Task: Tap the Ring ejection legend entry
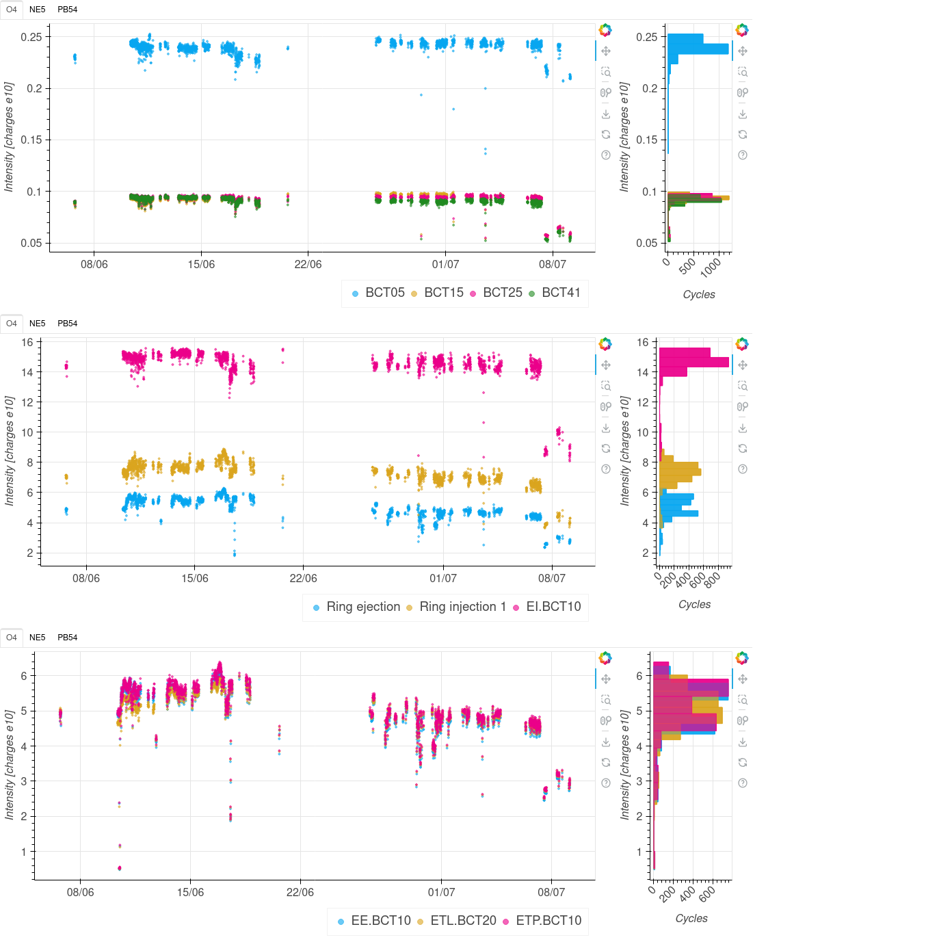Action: pyautogui.click(x=362, y=607)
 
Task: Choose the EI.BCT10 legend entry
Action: pyautogui.click(x=553, y=607)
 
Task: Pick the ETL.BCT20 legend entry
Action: pyautogui.click(x=463, y=921)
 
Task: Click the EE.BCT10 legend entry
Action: pyautogui.click(x=380, y=921)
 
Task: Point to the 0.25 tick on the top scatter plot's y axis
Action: pyautogui.click(x=31, y=37)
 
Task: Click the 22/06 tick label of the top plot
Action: pyautogui.click(x=308, y=265)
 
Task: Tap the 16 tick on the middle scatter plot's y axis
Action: pyautogui.click(x=27, y=342)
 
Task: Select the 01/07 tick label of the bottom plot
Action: pyautogui.click(x=441, y=893)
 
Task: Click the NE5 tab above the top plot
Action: pyautogui.click(x=38, y=10)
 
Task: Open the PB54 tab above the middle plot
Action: pyautogui.click(x=67, y=324)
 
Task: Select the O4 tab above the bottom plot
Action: pyautogui.click(x=12, y=638)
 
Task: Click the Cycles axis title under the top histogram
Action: pyautogui.click(x=699, y=295)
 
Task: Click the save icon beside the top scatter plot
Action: pyautogui.click(x=606, y=114)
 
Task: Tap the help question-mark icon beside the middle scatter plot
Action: pyautogui.click(x=606, y=469)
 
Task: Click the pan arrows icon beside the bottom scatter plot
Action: pyautogui.click(x=606, y=679)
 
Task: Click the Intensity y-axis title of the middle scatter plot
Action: pyautogui.click(x=10, y=451)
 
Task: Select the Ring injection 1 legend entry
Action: pyautogui.click(x=462, y=607)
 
